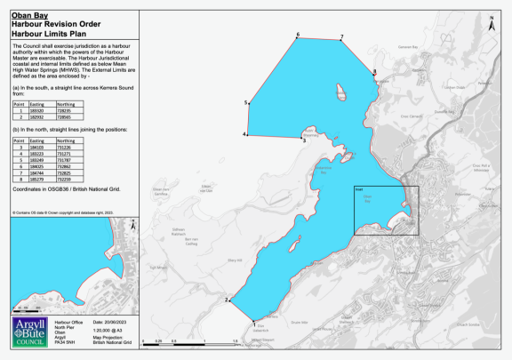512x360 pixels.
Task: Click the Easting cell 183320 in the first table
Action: [x=36, y=110]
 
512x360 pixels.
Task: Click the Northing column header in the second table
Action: [x=65, y=140]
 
